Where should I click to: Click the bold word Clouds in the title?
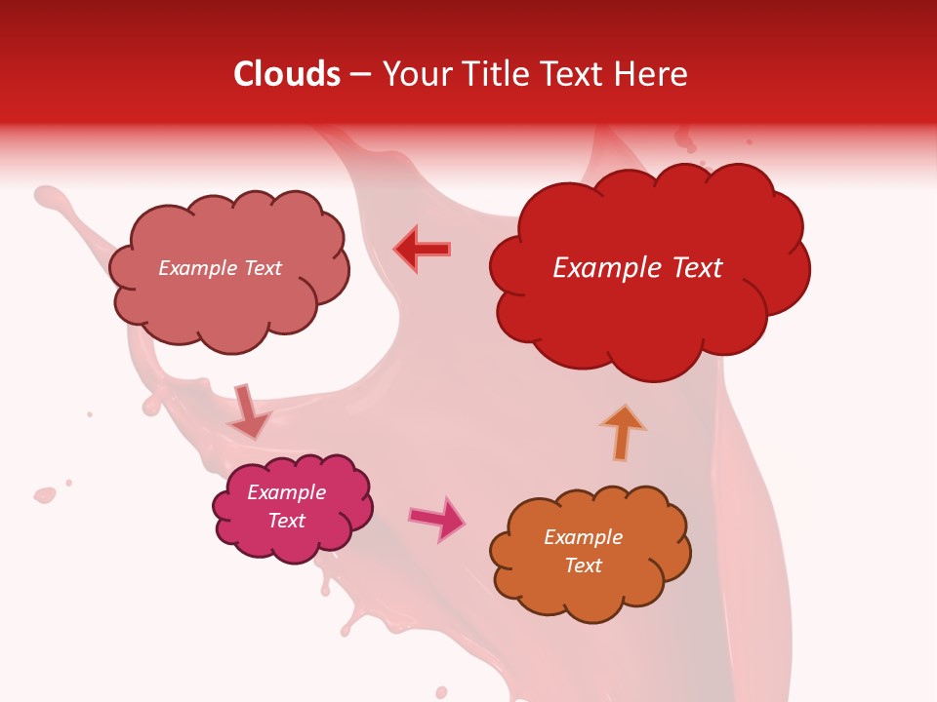pyautogui.click(x=287, y=74)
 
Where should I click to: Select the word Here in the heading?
pyautogui.click(x=653, y=74)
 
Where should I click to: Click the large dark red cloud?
pyautogui.click(x=648, y=312)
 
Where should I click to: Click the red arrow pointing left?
pyautogui.click(x=423, y=249)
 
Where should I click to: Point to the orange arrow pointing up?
pyautogui.click(x=623, y=431)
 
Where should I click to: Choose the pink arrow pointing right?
pyautogui.click(x=437, y=519)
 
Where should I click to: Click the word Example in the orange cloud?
pyautogui.click(x=583, y=537)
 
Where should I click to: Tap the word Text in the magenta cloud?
pyautogui.click(x=287, y=521)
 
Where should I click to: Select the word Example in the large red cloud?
pyautogui.click(x=604, y=267)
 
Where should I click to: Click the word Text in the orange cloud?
pyautogui.click(x=583, y=565)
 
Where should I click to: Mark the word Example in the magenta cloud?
pyautogui.click(x=287, y=492)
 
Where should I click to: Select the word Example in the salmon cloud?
pyautogui.click(x=196, y=268)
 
